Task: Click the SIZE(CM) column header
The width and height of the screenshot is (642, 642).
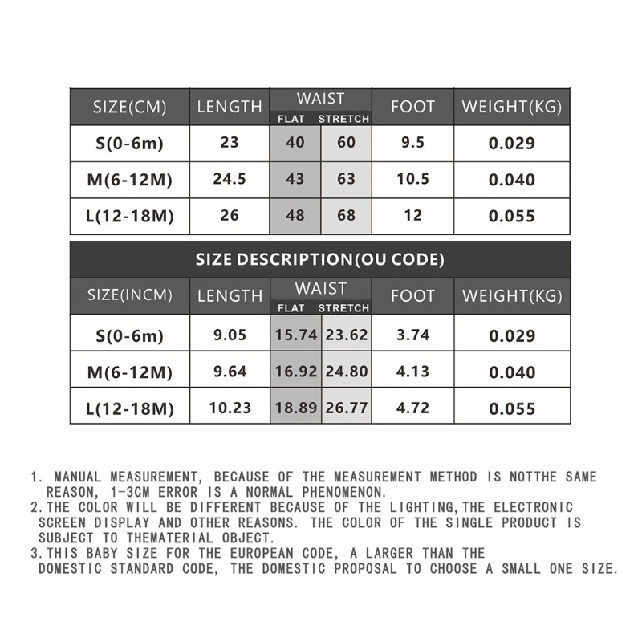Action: coord(129,107)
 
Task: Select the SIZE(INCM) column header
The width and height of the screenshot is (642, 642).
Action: coord(129,295)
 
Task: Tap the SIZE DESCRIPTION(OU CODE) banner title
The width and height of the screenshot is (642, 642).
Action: coord(320,260)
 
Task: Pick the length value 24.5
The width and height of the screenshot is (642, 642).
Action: coord(229,178)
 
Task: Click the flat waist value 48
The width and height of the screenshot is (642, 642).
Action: coord(295,215)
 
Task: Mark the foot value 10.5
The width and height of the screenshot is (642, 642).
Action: coord(412,178)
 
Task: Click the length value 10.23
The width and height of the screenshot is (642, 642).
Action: coord(229,407)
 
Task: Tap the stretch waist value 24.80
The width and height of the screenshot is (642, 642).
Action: coord(347,372)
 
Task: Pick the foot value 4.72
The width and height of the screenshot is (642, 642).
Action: coord(412,407)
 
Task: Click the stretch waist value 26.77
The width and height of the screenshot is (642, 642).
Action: coord(347,407)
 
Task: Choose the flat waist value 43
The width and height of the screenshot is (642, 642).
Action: coord(295,178)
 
